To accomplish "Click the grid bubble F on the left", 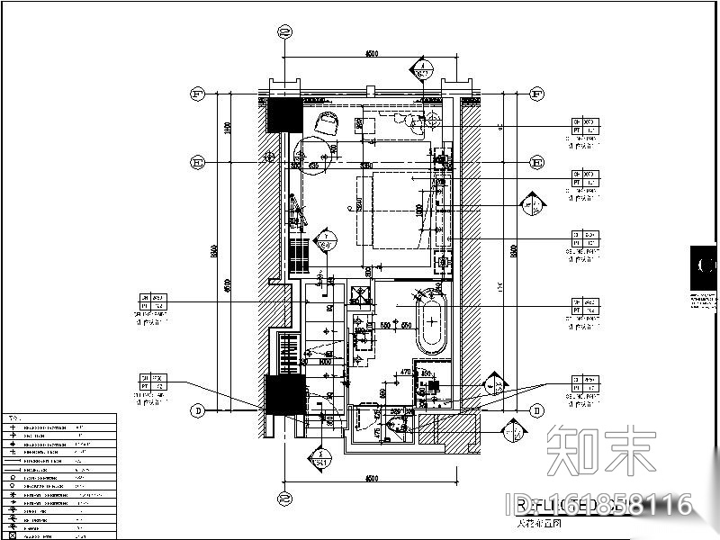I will coord(194,94).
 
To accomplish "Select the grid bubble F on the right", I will coord(537,94).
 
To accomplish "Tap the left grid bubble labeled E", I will coord(194,162).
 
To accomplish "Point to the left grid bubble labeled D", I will coord(194,410).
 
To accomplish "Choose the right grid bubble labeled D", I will coord(537,410).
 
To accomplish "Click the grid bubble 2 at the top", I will coord(285,32).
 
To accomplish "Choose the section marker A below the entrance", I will coord(317,459).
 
